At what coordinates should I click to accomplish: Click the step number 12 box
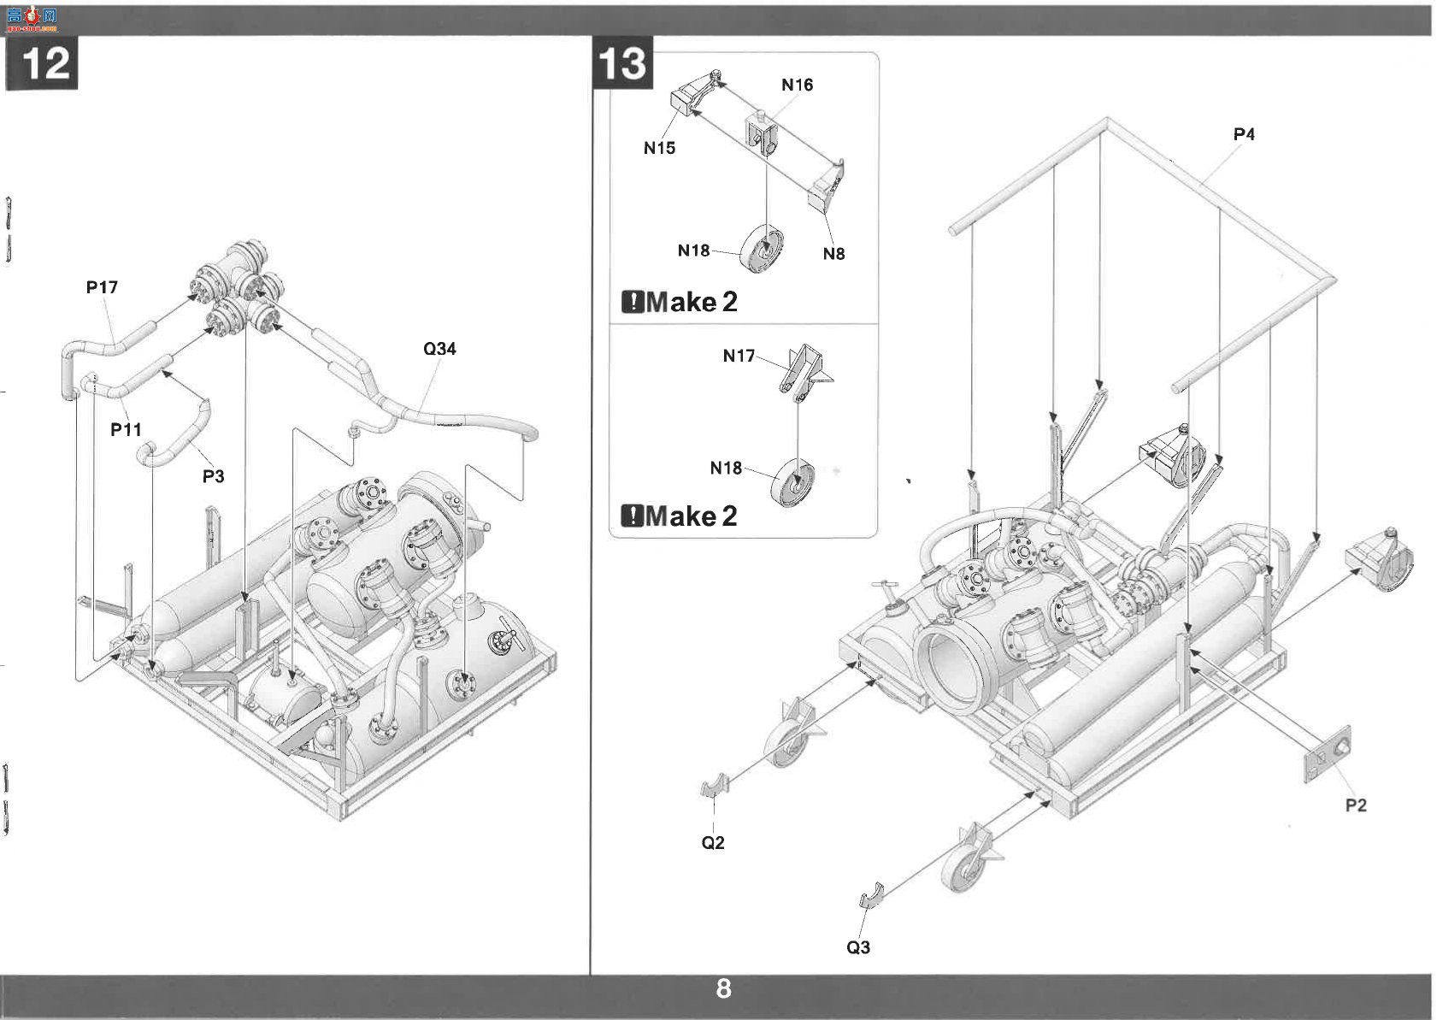pos(42,63)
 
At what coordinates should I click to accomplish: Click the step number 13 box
pos(622,62)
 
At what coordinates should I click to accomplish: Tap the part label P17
pos(102,286)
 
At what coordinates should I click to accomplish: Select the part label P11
pos(126,429)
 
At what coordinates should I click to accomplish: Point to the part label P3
pos(213,476)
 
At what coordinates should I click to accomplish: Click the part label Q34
pos(439,348)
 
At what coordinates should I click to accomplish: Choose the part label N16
pos(797,85)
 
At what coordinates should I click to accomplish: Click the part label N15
pos(659,148)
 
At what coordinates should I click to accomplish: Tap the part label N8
pos(834,253)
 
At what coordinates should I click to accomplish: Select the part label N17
pos(739,356)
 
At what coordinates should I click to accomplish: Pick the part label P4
pos(1244,134)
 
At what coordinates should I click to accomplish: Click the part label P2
pos(1356,805)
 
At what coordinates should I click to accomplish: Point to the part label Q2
pos(713,842)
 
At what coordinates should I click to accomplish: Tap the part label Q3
pos(858,946)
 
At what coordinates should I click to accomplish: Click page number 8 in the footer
pos(724,988)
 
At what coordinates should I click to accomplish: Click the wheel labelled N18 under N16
pos(762,250)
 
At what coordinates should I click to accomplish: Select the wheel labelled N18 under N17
pos(792,482)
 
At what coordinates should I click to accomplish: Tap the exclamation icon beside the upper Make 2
pos(633,302)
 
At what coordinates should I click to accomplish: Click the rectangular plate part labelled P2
pos(1328,754)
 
